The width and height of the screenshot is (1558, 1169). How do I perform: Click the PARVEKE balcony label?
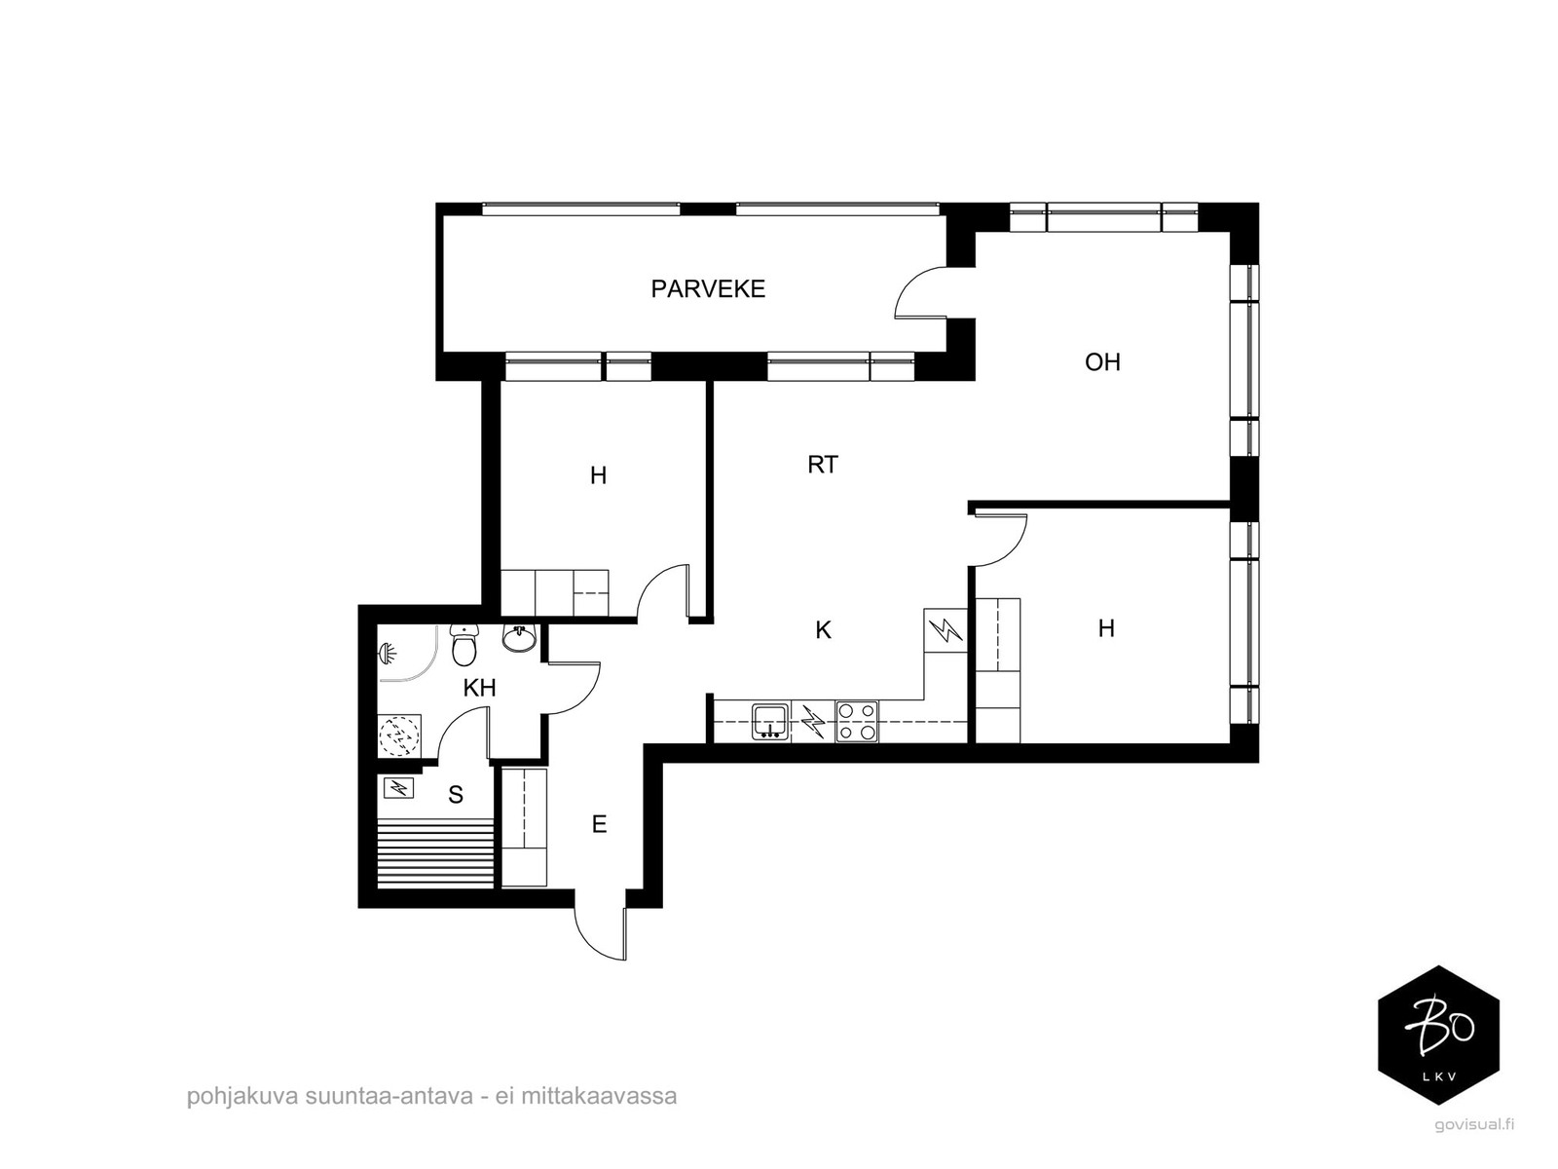click(x=708, y=289)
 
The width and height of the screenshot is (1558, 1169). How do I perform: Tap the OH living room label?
click(x=1102, y=362)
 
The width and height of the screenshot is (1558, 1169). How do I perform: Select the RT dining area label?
click(x=823, y=465)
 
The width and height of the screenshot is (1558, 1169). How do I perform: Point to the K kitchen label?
click(x=823, y=629)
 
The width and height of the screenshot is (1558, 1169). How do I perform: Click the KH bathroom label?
click(x=479, y=688)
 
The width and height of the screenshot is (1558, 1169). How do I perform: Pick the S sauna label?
click(x=456, y=794)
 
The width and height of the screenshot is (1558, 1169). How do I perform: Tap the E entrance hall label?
click(x=599, y=824)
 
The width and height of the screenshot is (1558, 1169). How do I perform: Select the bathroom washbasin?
click(x=520, y=637)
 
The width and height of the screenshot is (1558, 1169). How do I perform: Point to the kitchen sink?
click(x=770, y=721)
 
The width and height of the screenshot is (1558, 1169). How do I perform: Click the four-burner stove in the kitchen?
click(x=857, y=721)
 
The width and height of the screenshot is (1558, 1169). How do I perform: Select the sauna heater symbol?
click(x=399, y=787)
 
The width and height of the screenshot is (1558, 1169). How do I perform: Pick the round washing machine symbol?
click(x=398, y=735)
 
